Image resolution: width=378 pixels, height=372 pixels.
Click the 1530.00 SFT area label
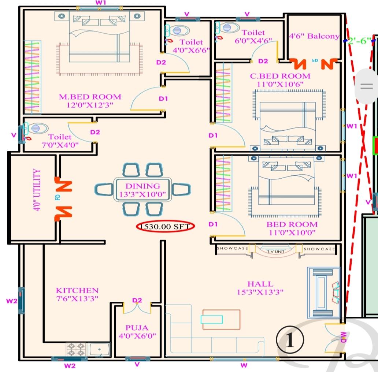[166, 227]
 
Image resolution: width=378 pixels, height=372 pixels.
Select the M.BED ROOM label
[90, 97]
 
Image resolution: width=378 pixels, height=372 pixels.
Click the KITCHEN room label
[77, 290]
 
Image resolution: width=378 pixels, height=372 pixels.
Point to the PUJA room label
[137, 328]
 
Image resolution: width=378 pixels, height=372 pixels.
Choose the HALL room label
[260, 284]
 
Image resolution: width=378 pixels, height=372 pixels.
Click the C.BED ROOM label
[280, 76]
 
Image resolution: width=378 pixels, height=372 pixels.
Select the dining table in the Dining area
[142, 190]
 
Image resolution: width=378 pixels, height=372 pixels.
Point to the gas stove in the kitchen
[76, 349]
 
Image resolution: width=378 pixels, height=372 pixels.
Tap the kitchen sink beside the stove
[99, 350]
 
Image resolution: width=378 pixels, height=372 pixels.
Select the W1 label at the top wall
[101, 3]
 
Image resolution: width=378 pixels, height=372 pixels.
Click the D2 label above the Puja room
[137, 301]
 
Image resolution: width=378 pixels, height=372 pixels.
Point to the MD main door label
[343, 337]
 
